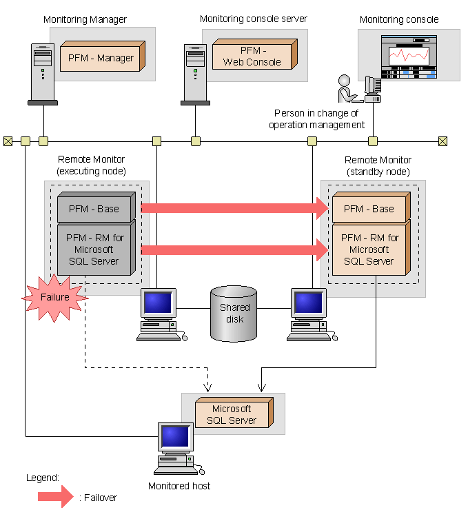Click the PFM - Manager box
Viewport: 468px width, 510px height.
click(x=101, y=58)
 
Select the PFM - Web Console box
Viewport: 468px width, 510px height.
click(x=252, y=56)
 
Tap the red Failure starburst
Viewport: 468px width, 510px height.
click(x=55, y=297)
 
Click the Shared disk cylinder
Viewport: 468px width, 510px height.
click(x=233, y=314)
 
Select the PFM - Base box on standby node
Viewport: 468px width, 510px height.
click(x=369, y=209)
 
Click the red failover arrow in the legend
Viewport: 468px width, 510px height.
click(x=56, y=496)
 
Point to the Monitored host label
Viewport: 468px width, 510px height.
click(x=179, y=487)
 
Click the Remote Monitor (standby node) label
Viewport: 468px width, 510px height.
click(x=377, y=165)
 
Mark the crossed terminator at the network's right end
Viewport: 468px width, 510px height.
click(x=442, y=141)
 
